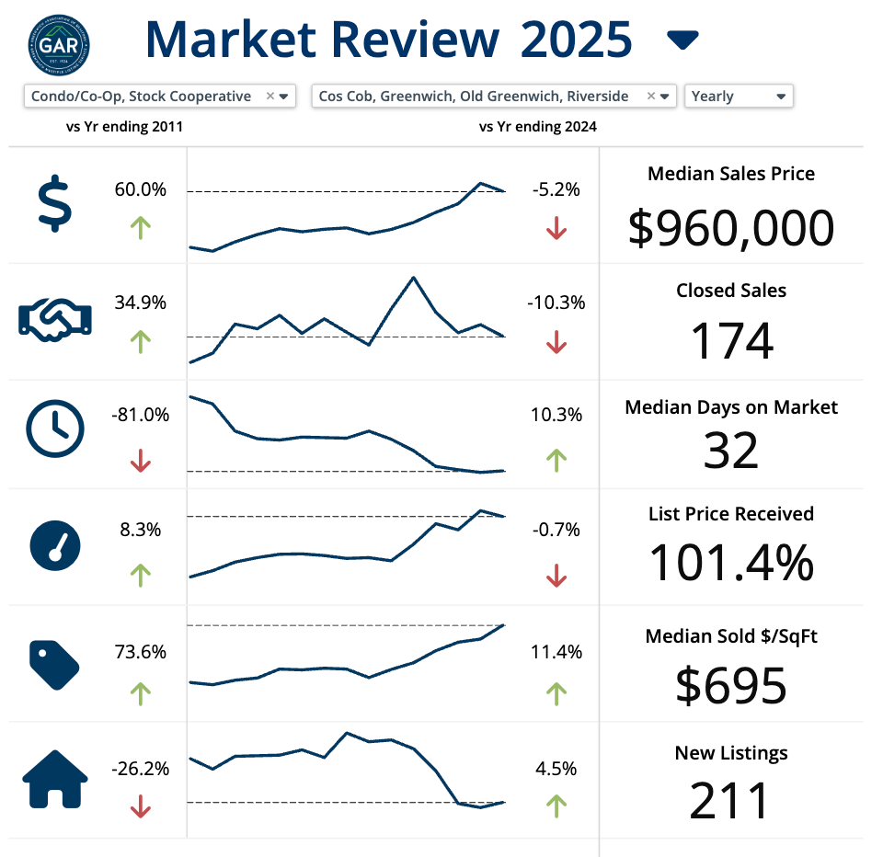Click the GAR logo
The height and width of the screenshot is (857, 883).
pos(60,41)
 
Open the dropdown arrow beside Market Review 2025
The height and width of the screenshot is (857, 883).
pos(682,40)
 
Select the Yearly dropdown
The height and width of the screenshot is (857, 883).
pos(739,96)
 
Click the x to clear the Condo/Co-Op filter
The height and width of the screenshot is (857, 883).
pos(269,96)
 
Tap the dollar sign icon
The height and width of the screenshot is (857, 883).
pos(54,204)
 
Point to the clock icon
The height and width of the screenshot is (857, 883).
pos(55,429)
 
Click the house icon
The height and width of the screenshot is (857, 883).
pos(55,780)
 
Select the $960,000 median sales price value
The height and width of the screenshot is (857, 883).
pos(731,228)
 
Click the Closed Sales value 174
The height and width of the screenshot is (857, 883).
pos(731,341)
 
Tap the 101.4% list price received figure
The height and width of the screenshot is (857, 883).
pos(731,562)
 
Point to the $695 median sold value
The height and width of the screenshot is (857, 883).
pos(731,684)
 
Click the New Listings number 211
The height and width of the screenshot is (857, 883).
pos(731,801)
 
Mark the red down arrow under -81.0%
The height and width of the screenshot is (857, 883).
pos(141,460)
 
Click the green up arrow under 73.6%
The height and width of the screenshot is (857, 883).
pos(140,692)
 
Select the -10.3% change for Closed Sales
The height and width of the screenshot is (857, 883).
pos(556,303)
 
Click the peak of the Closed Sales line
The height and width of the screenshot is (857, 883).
pos(414,277)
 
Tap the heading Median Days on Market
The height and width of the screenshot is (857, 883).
pos(731,406)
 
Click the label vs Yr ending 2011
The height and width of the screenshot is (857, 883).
pos(124,127)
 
